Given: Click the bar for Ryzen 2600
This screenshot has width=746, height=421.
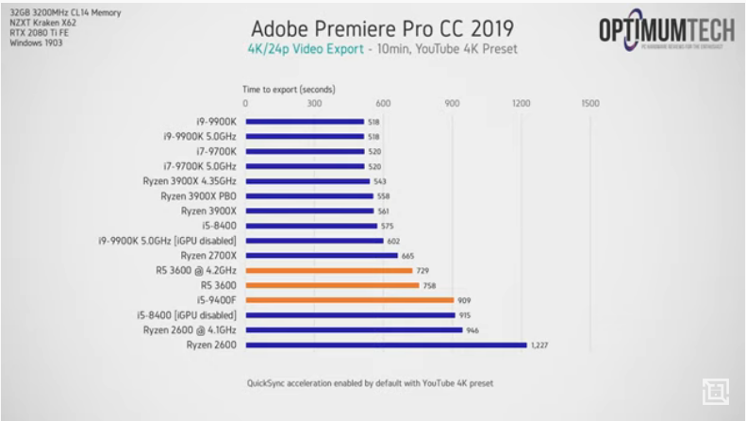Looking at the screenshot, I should (386, 345).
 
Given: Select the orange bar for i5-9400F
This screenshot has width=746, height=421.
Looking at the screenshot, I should (349, 300).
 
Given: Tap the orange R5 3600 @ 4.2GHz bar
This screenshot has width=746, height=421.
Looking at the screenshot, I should (328, 270).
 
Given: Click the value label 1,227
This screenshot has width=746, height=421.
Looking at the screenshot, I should (539, 345).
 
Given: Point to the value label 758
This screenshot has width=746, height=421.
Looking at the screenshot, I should (429, 285).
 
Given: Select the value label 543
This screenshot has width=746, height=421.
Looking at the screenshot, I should (380, 181).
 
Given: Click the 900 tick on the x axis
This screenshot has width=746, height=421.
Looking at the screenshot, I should (452, 103).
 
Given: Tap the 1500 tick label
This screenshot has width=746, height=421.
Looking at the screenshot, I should (589, 103).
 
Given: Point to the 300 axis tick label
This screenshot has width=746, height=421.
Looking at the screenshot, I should (314, 103).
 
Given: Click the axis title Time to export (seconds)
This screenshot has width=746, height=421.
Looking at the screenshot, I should (289, 89).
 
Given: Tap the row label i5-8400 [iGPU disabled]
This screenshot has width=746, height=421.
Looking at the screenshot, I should (192, 315).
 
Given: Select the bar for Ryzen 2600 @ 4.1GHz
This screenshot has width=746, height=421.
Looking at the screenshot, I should (354, 329).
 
